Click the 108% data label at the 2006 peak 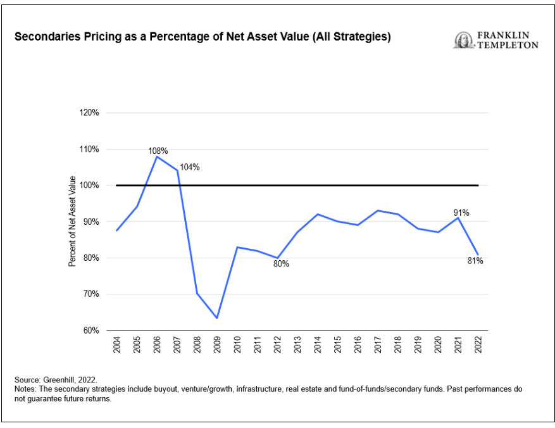point(158,151)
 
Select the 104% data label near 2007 point(189,167)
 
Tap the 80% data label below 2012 point(281,263)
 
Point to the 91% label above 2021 point(461,213)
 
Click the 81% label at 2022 point(475,261)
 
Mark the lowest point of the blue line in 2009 point(217,318)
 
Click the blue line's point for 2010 point(237,247)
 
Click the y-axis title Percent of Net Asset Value point(72,221)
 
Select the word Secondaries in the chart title point(44,37)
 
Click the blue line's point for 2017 point(378,211)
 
